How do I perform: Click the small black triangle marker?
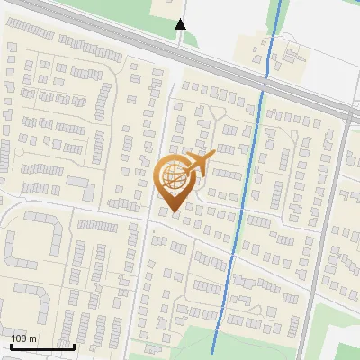pos(181,24)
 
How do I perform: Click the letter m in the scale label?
pos(33,338)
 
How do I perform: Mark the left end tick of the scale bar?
pos(11,346)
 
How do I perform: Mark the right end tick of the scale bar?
pos(75,346)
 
